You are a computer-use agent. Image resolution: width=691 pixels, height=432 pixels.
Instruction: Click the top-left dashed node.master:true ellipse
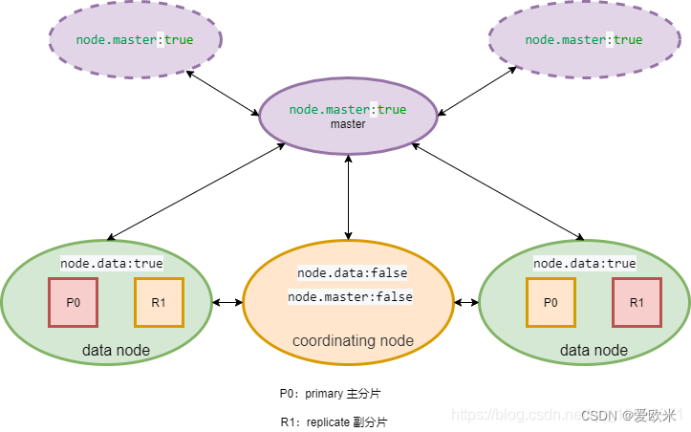(135, 40)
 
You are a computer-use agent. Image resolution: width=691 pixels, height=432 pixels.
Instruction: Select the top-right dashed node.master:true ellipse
(583, 40)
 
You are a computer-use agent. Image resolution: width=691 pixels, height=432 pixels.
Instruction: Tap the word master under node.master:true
(348, 124)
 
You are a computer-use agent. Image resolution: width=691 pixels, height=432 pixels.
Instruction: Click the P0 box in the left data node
(73, 302)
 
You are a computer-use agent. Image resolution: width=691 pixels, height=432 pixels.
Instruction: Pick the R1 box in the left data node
(159, 302)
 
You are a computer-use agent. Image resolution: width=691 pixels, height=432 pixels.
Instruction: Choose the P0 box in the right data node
(551, 302)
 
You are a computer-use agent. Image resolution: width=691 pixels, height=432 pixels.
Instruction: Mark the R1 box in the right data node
(637, 302)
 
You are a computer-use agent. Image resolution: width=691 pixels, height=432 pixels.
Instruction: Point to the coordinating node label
(353, 341)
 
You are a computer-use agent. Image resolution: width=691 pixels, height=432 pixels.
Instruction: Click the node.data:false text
(352, 272)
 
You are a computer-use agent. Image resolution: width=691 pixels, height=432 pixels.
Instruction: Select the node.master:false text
(350, 297)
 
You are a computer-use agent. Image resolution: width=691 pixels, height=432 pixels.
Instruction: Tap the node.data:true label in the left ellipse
(111, 263)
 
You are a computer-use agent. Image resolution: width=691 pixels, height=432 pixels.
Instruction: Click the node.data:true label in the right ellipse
(584, 263)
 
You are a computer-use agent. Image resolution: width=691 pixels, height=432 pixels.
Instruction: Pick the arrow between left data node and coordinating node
(227, 303)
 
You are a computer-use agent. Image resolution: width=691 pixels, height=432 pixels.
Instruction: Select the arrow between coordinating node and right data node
(466, 303)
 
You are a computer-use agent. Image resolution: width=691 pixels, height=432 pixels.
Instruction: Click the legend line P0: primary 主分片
(331, 393)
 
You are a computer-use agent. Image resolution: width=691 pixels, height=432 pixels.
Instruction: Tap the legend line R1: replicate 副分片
(334, 421)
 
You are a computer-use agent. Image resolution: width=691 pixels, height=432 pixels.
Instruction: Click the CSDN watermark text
(628, 415)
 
